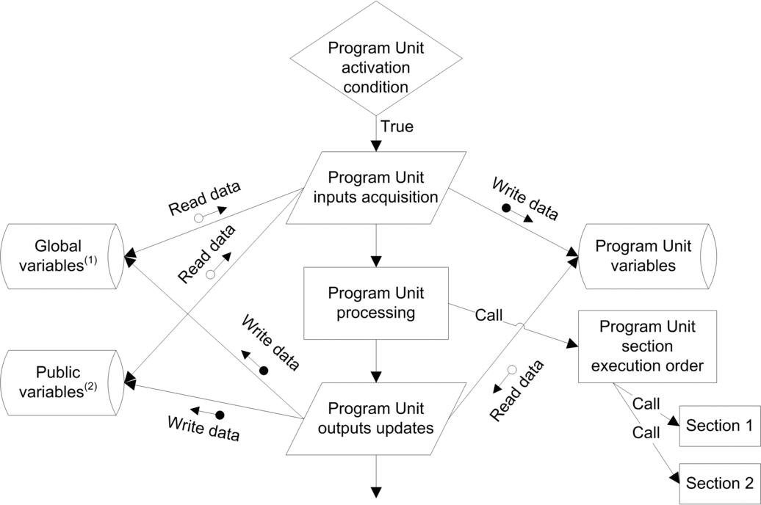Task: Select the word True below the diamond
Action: [397, 127]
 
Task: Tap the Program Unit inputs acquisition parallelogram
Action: [376, 188]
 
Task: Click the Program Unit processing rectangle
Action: [376, 303]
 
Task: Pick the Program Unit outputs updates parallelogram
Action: [376, 418]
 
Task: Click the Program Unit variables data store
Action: [645, 255]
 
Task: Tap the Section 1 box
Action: [713, 426]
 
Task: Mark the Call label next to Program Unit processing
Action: [488, 316]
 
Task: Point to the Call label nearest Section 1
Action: [646, 404]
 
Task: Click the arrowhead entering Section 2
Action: [674, 479]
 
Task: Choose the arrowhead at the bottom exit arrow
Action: [376, 492]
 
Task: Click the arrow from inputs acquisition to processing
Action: [376, 246]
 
